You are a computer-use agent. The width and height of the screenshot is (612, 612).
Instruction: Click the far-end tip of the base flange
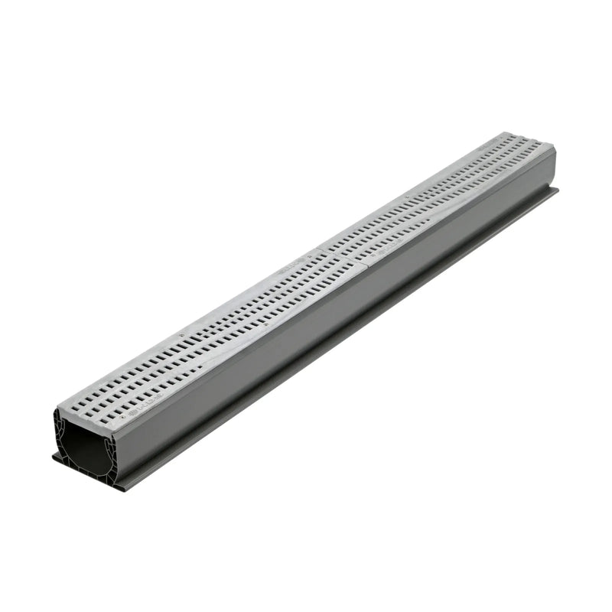pyautogui.click(x=557, y=190)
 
